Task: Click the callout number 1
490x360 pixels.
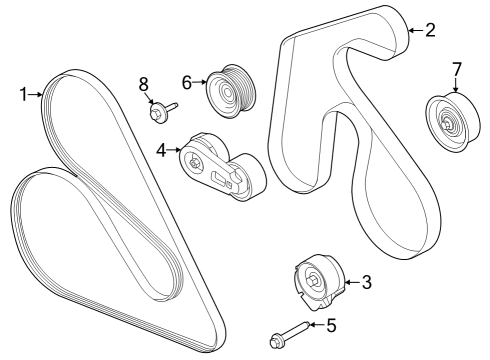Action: pyautogui.click(x=23, y=94)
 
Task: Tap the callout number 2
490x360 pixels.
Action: pyautogui.click(x=430, y=30)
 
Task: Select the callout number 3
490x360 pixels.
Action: pyautogui.click(x=366, y=282)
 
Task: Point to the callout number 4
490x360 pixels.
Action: pyautogui.click(x=161, y=150)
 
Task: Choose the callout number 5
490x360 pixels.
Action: pyautogui.click(x=331, y=325)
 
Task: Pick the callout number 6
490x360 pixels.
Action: pyautogui.click(x=187, y=82)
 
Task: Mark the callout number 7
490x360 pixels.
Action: pyautogui.click(x=456, y=70)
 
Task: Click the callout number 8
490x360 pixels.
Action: pyautogui.click(x=143, y=84)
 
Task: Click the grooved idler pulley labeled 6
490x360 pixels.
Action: pyautogui.click(x=230, y=90)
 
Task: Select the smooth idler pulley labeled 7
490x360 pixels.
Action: pyautogui.click(x=453, y=122)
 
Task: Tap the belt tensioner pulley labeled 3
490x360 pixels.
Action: pyautogui.click(x=319, y=282)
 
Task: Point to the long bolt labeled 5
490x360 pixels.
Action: pyautogui.click(x=290, y=335)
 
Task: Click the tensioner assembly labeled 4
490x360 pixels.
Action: pyautogui.click(x=222, y=166)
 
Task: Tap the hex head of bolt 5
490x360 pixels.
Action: pyautogui.click(x=276, y=342)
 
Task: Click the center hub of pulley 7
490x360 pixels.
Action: pyautogui.click(x=447, y=125)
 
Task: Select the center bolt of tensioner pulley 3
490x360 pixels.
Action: pyautogui.click(x=313, y=280)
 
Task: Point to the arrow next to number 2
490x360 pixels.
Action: pyautogui.click(x=416, y=30)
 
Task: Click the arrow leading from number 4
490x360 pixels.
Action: pyautogui.click(x=174, y=150)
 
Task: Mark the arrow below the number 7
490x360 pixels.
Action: pyautogui.click(x=456, y=85)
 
